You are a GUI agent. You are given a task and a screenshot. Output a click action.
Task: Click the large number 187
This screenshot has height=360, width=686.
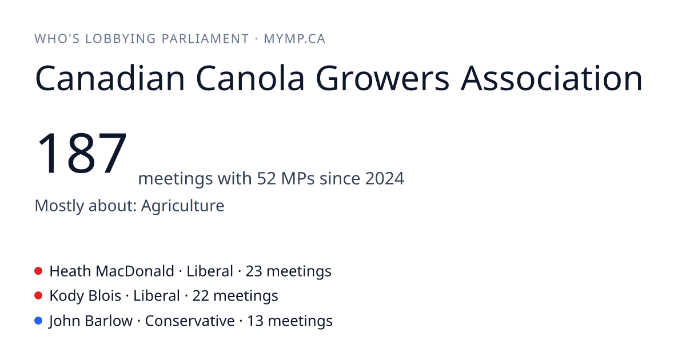(81, 153)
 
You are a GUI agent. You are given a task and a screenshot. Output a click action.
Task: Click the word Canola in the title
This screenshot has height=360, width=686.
(250, 78)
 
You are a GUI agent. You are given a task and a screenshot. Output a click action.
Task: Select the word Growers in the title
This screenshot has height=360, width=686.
(382, 78)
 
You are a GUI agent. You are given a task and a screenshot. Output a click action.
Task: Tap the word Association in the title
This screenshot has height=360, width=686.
(552, 78)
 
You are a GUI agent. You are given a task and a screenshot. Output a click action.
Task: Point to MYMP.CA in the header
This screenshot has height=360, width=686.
(294, 39)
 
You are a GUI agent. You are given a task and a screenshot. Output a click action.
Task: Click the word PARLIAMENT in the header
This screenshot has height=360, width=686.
(205, 39)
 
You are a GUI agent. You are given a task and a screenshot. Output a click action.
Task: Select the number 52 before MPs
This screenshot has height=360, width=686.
(266, 178)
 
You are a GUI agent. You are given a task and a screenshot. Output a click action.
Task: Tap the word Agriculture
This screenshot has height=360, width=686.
(182, 206)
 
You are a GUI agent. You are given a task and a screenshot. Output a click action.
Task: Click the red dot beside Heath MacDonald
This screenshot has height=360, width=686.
(38, 271)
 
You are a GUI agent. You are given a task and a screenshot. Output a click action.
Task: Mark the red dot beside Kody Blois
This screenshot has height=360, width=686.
(38, 296)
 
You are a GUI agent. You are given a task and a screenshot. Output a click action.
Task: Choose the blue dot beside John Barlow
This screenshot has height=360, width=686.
(38, 321)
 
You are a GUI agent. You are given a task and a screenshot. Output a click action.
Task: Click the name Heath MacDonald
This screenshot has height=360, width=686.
(112, 271)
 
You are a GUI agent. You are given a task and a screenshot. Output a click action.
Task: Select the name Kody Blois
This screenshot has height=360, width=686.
(85, 296)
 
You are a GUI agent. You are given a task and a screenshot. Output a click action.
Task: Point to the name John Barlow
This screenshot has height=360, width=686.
(91, 321)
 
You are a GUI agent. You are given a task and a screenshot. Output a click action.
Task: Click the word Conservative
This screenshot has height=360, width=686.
(190, 321)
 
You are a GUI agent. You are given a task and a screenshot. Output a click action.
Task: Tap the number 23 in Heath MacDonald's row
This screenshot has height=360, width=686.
(254, 271)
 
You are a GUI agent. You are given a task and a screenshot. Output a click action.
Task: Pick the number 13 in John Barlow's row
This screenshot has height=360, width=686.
(255, 321)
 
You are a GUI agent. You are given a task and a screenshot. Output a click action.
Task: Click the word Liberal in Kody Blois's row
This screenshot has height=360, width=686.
(157, 296)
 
